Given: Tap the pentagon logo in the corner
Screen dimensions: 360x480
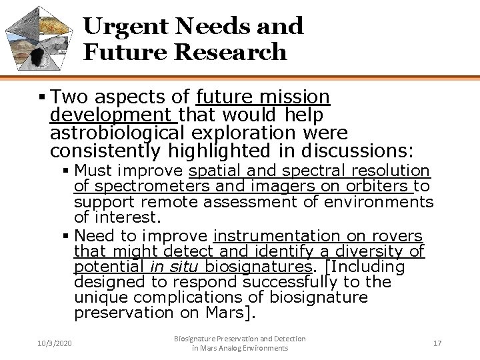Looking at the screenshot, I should click(37, 39).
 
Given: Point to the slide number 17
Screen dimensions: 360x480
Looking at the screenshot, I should click(437, 343).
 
